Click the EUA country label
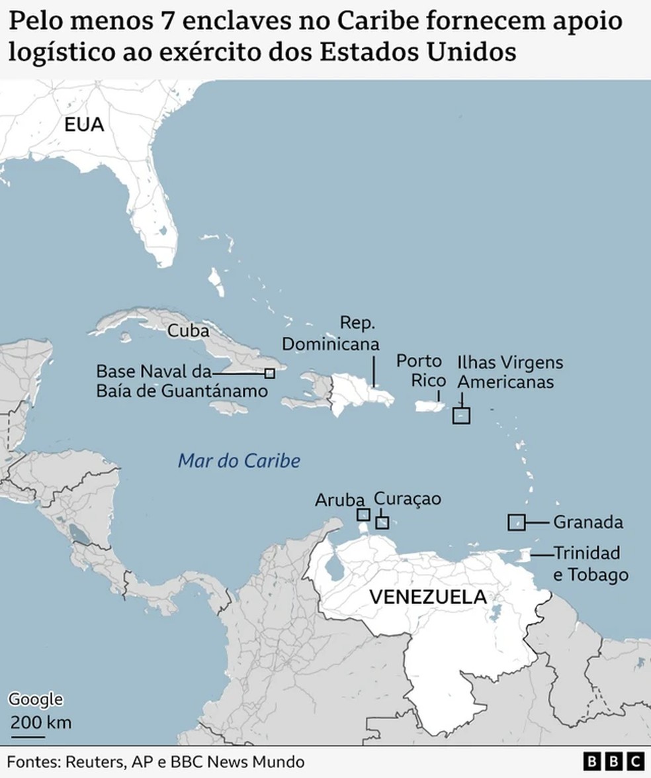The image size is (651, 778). pyautogui.click(x=84, y=124)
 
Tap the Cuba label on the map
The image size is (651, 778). pyautogui.click(x=188, y=331)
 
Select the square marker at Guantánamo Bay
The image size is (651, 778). pyautogui.click(x=269, y=373)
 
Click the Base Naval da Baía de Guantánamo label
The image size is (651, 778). pyautogui.click(x=182, y=381)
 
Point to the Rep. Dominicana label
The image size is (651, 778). pyautogui.click(x=331, y=334)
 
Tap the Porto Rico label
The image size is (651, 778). pyautogui.click(x=419, y=371)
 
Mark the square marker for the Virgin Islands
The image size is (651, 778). pyautogui.click(x=461, y=415)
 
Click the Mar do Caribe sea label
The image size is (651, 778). pyautogui.click(x=239, y=461)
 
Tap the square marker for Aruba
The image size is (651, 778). pyautogui.click(x=363, y=514)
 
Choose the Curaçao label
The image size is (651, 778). pyautogui.click(x=408, y=499)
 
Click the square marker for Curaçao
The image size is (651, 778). pyautogui.click(x=382, y=522)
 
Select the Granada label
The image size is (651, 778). pyautogui.click(x=587, y=522)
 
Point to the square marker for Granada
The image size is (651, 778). pyautogui.click(x=516, y=522)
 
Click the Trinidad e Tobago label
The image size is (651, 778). pyautogui.click(x=590, y=563)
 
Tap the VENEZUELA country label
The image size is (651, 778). pyautogui.click(x=427, y=597)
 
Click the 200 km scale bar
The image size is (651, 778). pyautogui.click(x=28, y=734)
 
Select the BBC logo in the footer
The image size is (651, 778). pyautogui.click(x=614, y=761)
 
